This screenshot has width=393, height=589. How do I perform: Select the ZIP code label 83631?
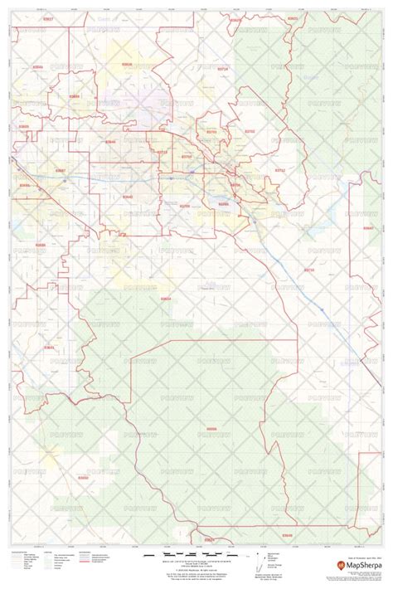click(292, 17)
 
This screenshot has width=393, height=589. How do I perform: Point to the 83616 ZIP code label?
click(127, 63)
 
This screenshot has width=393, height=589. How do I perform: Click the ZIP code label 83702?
click(250, 131)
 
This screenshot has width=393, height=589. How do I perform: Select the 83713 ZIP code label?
click(162, 152)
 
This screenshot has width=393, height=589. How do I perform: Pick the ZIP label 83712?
click(279, 170)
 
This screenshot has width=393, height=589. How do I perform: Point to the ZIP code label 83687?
click(60, 170)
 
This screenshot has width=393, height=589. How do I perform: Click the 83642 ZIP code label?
click(127, 197)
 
